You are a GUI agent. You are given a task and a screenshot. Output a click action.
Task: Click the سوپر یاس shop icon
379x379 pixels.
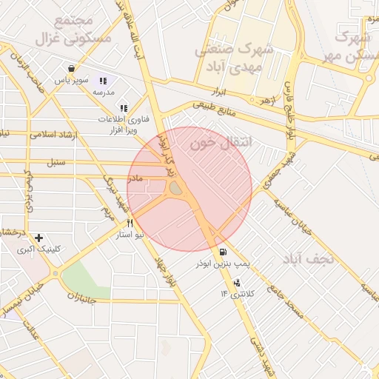(70, 68)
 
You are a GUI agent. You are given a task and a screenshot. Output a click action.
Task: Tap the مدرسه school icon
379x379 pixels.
(102, 80)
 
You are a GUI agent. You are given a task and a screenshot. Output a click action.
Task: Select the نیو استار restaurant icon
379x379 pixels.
(130, 223)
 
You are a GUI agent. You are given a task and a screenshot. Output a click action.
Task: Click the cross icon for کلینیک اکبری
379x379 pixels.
(38, 238)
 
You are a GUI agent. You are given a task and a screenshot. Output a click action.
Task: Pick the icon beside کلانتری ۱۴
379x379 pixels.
(237, 283)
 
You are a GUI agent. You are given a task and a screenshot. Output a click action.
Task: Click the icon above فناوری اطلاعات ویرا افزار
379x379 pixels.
(124, 108)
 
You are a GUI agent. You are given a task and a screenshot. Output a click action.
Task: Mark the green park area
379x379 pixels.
(83, 278)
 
